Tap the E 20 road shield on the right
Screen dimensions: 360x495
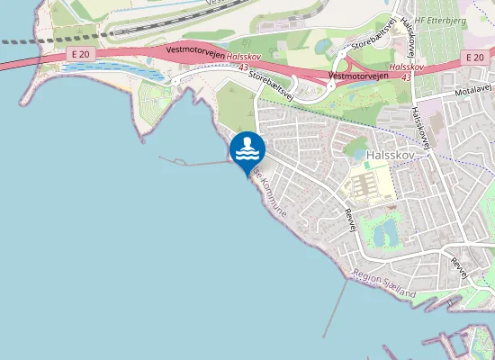476,58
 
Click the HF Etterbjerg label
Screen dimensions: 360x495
442,20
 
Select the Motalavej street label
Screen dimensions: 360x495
473,91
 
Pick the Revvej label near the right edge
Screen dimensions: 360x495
461,266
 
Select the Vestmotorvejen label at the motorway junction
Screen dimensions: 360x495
357,76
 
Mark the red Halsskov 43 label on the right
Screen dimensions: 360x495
407,71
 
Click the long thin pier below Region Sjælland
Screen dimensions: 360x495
336,307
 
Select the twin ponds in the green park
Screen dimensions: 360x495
388,230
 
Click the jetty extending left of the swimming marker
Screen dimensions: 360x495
193,163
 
